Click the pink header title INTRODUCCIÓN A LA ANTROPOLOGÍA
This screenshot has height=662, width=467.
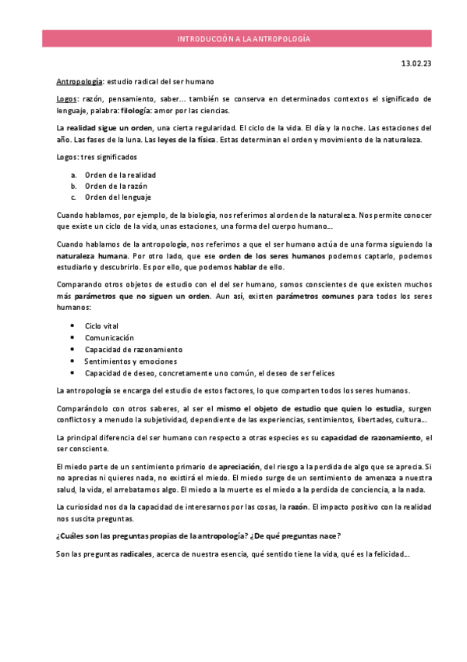tap(244, 38)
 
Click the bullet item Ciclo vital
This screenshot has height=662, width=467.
tap(103, 326)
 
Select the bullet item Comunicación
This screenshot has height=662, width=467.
tap(109, 337)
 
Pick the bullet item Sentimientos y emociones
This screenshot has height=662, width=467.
tap(130, 361)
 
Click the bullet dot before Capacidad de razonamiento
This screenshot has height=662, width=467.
tap(73, 349)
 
